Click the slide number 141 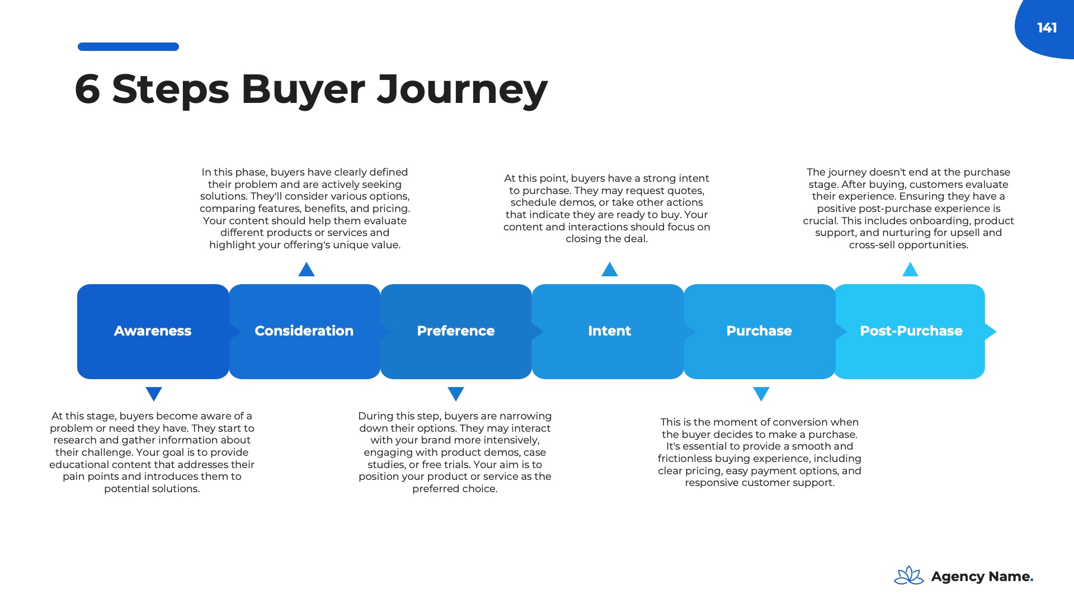pyautogui.click(x=1047, y=28)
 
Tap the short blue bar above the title pyautogui.click(x=128, y=47)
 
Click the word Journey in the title pyautogui.click(x=462, y=89)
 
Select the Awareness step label pyautogui.click(x=153, y=331)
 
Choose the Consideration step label pyautogui.click(x=304, y=331)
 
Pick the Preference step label pyautogui.click(x=455, y=331)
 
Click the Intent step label pyautogui.click(x=609, y=331)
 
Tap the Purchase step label pyautogui.click(x=759, y=331)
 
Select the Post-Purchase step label pyautogui.click(x=911, y=331)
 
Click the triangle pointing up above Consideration pyautogui.click(x=307, y=271)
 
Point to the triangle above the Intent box pyautogui.click(x=609, y=271)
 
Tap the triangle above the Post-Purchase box pyautogui.click(x=910, y=271)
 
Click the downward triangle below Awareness pyautogui.click(x=154, y=393)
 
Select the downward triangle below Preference pyautogui.click(x=456, y=393)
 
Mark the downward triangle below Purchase pyautogui.click(x=761, y=393)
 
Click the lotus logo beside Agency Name pyautogui.click(x=908, y=575)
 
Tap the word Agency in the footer pyautogui.click(x=957, y=577)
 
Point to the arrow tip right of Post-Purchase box pyautogui.click(x=991, y=332)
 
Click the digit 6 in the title pyautogui.click(x=87, y=89)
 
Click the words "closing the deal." pyautogui.click(x=606, y=239)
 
